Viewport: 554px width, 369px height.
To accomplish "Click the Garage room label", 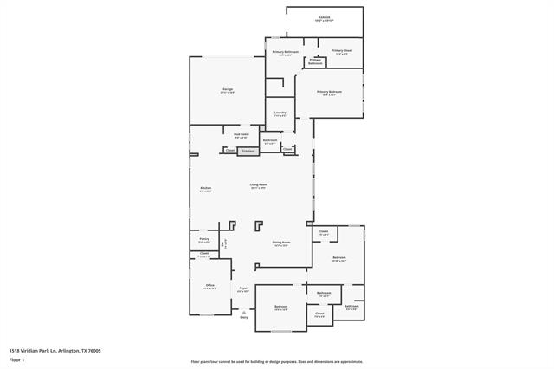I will [228, 89].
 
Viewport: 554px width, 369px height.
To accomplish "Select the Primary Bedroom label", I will [329, 92].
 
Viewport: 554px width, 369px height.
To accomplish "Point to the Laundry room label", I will [280, 113].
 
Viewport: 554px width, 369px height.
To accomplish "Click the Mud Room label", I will [242, 134].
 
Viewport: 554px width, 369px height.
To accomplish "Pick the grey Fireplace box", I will [248, 150].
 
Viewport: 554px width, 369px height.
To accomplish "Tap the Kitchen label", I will [206, 188].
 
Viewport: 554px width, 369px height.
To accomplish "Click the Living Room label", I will [259, 184].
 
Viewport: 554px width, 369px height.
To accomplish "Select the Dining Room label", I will [281, 243].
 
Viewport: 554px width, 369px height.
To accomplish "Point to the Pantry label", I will [204, 240].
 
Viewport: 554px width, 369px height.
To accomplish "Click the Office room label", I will [209, 286].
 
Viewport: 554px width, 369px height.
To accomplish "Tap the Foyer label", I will [244, 289].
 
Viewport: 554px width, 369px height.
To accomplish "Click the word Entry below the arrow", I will [244, 319].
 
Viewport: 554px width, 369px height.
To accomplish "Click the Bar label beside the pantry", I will [222, 245].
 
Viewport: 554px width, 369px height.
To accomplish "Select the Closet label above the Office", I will [204, 254].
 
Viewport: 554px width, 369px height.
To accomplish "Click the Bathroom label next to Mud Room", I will [270, 140].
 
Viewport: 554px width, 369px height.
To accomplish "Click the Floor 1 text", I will [17, 359].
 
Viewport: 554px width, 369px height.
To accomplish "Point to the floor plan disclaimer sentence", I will [277, 361].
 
